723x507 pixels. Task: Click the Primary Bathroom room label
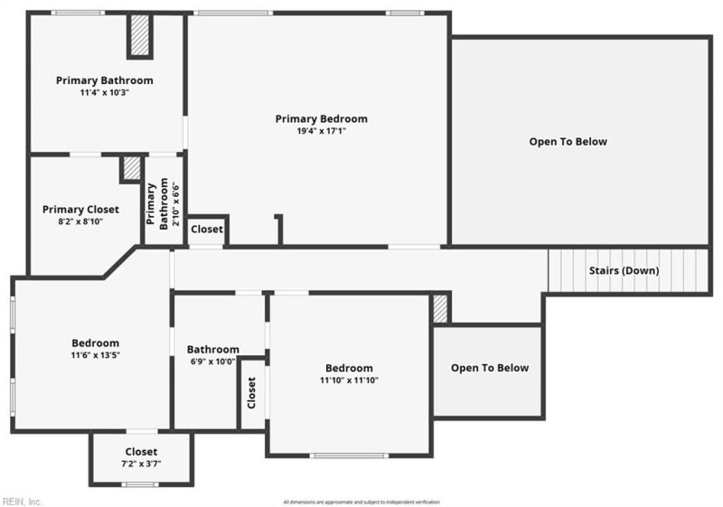click(104, 80)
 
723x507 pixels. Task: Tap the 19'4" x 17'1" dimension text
click(321, 131)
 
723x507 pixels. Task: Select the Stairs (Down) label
click(624, 270)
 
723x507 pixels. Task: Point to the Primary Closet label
click(80, 210)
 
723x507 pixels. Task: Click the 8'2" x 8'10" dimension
click(80, 221)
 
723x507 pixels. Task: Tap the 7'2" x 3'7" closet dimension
click(141, 464)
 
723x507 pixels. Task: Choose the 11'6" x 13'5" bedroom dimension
click(95, 355)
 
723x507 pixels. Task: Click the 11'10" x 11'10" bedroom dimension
click(349, 380)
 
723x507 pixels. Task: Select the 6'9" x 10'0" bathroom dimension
click(212, 361)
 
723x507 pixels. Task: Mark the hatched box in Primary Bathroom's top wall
click(139, 35)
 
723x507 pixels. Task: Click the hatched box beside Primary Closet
click(132, 168)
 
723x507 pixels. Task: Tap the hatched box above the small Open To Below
click(440, 308)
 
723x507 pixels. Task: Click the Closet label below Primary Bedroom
click(206, 230)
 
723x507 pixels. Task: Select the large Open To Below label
click(568, 142)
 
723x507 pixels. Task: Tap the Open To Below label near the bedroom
click(490, 368)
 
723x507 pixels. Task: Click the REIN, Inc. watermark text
click(23, 501)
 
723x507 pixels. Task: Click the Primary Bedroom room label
click(321, 119)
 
